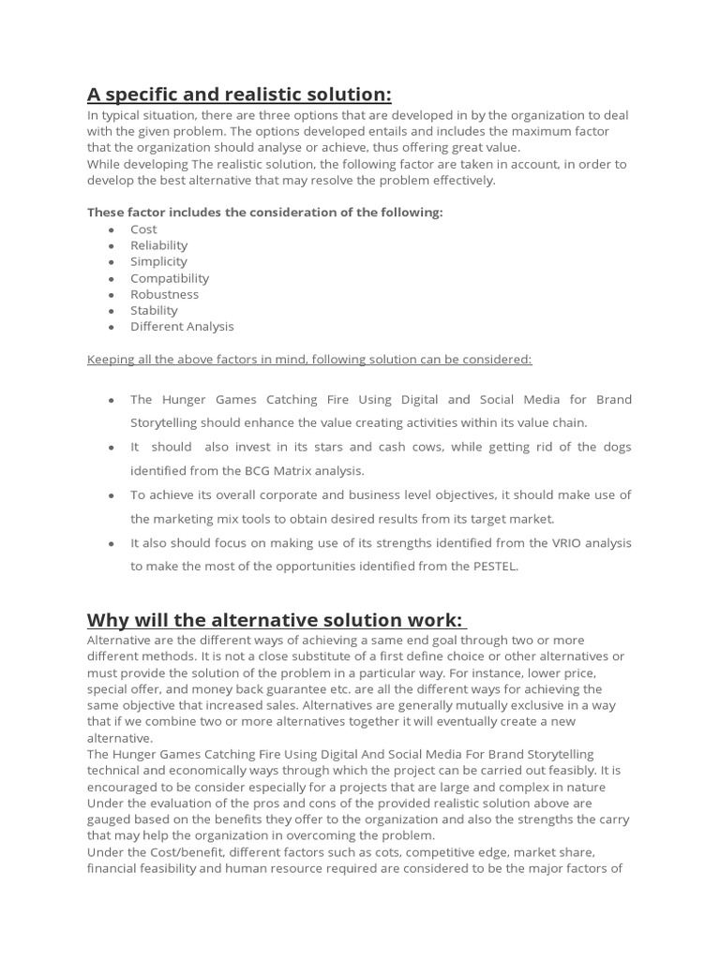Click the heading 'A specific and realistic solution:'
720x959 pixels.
[x=239, y=95]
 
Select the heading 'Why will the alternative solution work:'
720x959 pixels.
[x=275, y=620]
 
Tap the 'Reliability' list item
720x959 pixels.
[x=158, y=245]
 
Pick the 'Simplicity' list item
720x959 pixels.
[x=158, y=261]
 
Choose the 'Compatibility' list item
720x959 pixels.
[x=170, y=278]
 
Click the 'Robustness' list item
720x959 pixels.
[x=164, y=294]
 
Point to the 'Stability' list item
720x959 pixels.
[x=154, y=310]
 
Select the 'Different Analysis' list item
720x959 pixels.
[x=182, y=327]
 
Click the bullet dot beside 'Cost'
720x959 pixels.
[x=112, y=229]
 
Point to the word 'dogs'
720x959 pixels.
[x=614, y=447]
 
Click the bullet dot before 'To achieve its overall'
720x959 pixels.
[x=112, y=495]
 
